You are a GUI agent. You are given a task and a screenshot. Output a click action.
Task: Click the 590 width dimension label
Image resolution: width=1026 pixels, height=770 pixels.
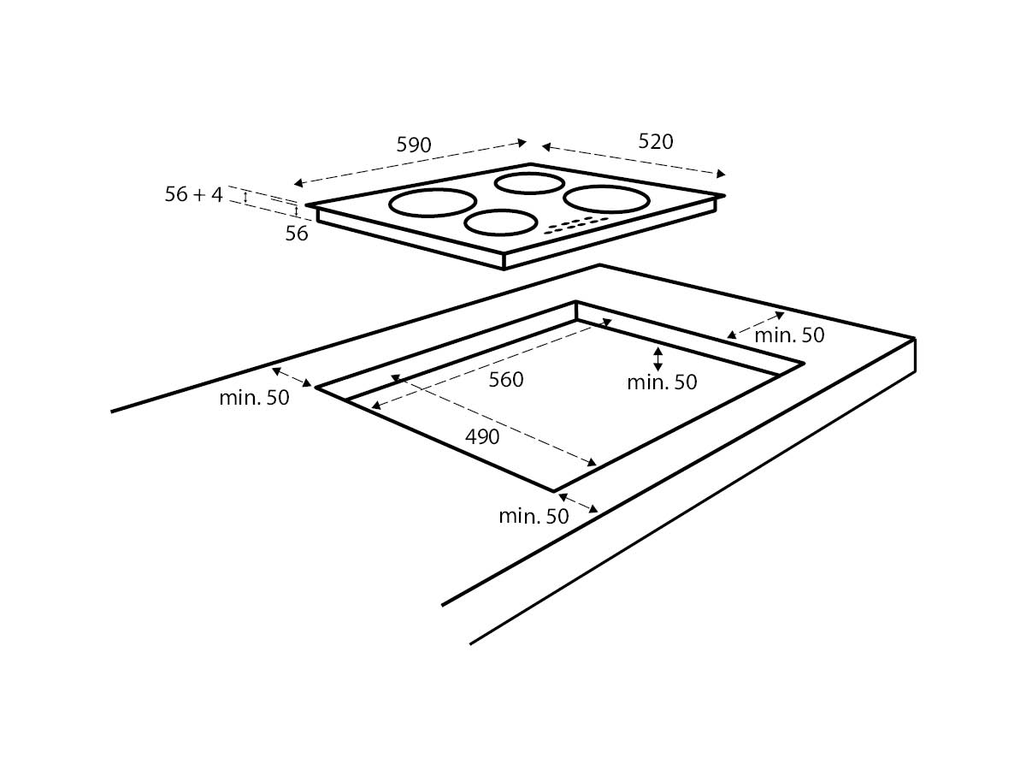tap(414, 145)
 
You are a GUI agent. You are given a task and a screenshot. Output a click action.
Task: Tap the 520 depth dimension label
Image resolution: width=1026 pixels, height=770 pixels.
tap(655, 142)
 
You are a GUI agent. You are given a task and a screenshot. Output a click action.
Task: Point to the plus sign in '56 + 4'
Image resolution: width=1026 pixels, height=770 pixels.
tap(199, 195)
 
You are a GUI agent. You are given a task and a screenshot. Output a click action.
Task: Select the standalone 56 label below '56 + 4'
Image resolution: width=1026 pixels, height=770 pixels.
tap(297, 234)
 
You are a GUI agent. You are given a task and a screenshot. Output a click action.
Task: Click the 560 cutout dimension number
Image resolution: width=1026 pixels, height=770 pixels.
tap(506, 380)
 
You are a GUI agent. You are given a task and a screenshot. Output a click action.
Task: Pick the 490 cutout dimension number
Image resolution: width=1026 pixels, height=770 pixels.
tap(482, 436)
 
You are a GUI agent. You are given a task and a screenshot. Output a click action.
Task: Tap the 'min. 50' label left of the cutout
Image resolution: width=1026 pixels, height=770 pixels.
tap(254, 398)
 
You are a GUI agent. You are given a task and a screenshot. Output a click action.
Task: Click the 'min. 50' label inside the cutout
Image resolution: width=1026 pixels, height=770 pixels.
tap(662, 382)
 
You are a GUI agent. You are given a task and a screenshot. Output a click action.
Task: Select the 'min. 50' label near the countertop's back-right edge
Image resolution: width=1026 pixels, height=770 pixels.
tap(789, 335)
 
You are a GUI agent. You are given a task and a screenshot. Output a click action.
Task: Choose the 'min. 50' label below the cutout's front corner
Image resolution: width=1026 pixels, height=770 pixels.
tap(534, 516)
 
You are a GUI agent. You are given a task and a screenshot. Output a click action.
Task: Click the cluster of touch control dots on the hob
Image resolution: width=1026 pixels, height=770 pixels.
tap(577, 225)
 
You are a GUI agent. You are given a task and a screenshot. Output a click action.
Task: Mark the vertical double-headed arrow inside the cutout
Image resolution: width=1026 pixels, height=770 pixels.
tap(658, 358)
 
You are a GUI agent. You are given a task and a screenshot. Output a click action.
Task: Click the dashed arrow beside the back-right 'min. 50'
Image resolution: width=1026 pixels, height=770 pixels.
tap(755, 325)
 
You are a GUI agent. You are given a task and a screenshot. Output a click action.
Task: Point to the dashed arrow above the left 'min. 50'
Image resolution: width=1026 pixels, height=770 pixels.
tap(292, 377)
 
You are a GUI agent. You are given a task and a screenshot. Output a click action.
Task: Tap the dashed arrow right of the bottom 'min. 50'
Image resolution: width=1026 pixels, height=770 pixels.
tap(578, 503)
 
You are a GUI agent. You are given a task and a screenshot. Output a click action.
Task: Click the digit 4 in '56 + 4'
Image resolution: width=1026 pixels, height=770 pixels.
tap(217, 194)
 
